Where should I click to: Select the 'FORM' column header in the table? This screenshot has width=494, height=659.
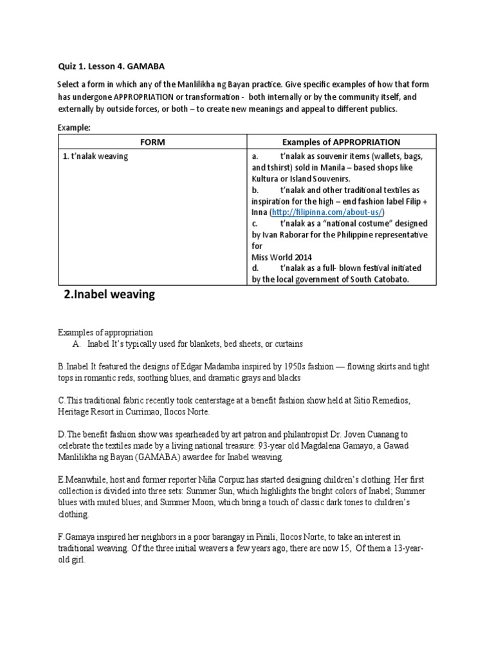152,142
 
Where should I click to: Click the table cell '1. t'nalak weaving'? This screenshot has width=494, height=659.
96,156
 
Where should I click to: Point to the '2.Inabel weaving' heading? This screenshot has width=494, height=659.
109,295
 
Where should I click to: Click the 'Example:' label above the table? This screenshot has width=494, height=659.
75,127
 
